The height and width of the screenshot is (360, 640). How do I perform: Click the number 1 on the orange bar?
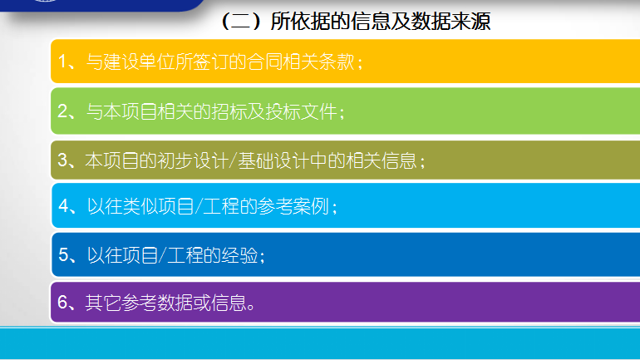click(x=62, y=62)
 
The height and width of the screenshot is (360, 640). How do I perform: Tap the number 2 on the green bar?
click(x=63, y=111)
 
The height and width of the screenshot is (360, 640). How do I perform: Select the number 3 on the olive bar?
click(x=63, y=160)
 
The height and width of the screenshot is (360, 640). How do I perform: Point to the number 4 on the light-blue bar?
click(x=64, y=206)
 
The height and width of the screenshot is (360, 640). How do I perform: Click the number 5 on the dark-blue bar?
click(x=64, y=255)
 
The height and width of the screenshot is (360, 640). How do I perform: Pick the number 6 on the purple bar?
click(x=63, y=303)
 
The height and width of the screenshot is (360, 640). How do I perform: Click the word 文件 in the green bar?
click(x=319, y=111)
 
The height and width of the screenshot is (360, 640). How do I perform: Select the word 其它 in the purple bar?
click(x=103, y=303)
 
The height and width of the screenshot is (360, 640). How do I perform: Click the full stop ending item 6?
click(x=251, y=308)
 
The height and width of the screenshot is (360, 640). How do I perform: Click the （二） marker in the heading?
click(x=241, y=22)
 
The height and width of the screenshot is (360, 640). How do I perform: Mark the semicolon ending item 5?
click(x=262, y=257)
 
